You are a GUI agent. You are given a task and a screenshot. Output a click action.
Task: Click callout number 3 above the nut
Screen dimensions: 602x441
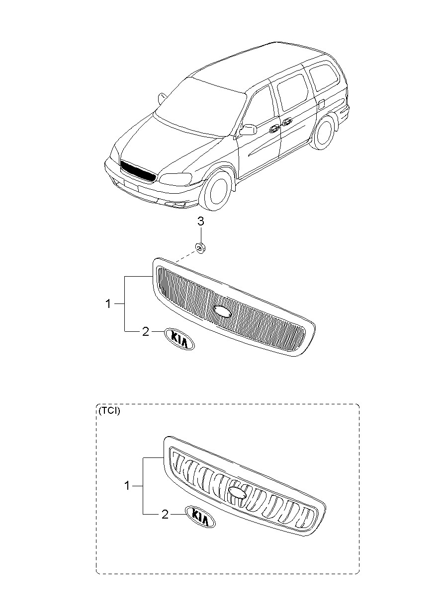pos(201,221)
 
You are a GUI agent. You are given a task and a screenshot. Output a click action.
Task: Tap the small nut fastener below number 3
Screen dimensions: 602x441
pos(201,247)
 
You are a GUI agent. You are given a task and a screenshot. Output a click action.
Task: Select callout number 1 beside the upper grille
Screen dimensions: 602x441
pos(108,303)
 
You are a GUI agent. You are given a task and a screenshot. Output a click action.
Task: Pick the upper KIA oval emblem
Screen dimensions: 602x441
pos(179,338)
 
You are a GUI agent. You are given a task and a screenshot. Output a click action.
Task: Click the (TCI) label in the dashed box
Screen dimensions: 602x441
pos(109,411)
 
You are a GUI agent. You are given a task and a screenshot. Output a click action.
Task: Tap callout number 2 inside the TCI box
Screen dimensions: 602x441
pos(165,515)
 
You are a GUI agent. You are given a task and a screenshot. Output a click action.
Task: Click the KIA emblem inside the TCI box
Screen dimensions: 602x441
pos(200,517)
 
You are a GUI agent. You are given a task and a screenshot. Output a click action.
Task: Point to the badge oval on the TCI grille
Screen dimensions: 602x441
pos(238,492)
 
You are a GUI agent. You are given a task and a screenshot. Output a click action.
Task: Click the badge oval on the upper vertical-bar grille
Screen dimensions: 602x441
pos(222,311)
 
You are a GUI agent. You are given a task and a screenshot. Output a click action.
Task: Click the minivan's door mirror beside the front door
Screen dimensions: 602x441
pos(248,130)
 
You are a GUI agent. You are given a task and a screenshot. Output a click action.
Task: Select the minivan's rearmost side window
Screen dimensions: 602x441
pos(323,77)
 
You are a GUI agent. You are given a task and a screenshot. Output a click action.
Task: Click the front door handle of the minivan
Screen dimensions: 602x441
pos(273,129)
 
